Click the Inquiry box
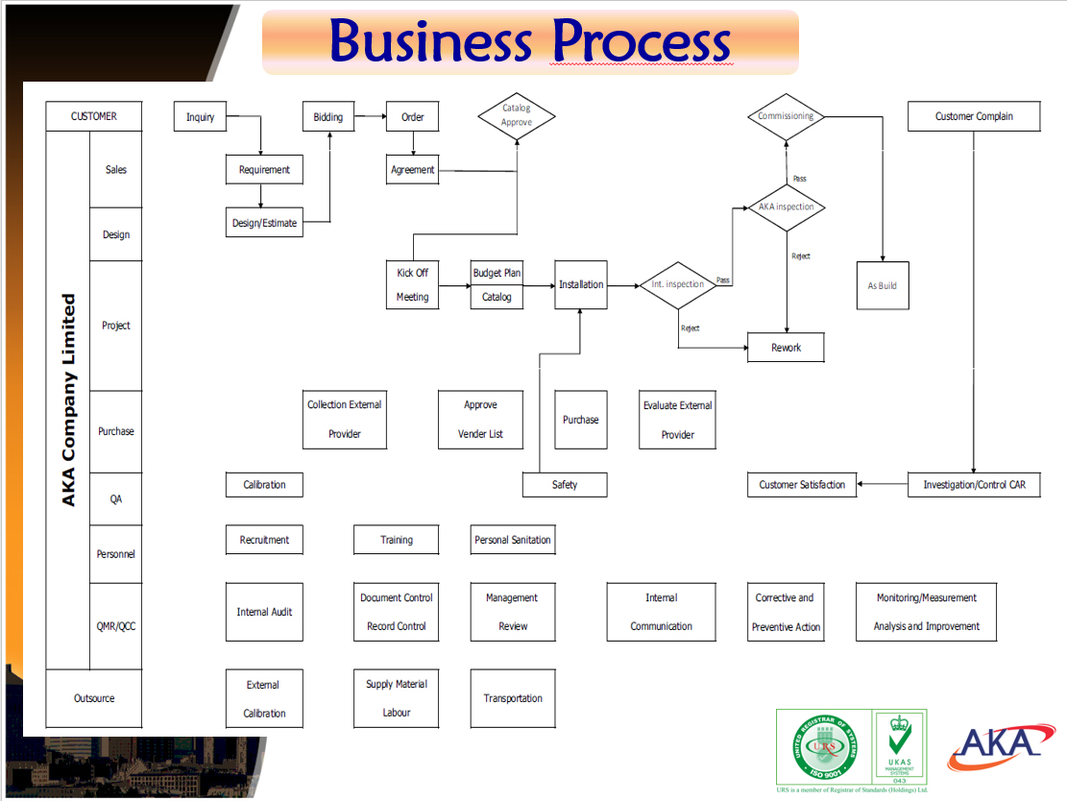tap(200, 117)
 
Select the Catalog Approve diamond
tap(517, 115)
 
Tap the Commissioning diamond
tap(786, 116)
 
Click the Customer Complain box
tap(974, 116)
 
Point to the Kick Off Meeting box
tap(413, 285)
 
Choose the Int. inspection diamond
tap(678, 284)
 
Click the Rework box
tap(786, 348)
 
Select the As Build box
tap(882, 285)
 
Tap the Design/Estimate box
tap(264, 223)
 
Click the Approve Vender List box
tap(481, 420)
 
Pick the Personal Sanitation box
tap(513, 540)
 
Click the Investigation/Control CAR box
tap(974, 485)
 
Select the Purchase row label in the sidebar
tap(116, 431)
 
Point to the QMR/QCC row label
tap(116, 626)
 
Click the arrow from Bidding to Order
tap(369, 117)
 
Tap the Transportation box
tap(513, 698)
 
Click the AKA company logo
tap(995, 746)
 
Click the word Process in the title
tap(641, 41)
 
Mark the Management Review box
tap(513, 612)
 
